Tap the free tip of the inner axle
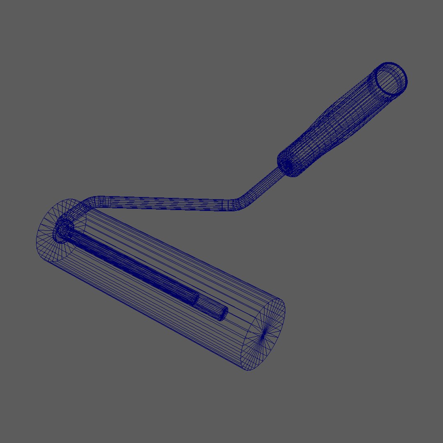[223, 314]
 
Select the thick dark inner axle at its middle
[131, 267]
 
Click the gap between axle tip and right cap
[242, 324]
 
